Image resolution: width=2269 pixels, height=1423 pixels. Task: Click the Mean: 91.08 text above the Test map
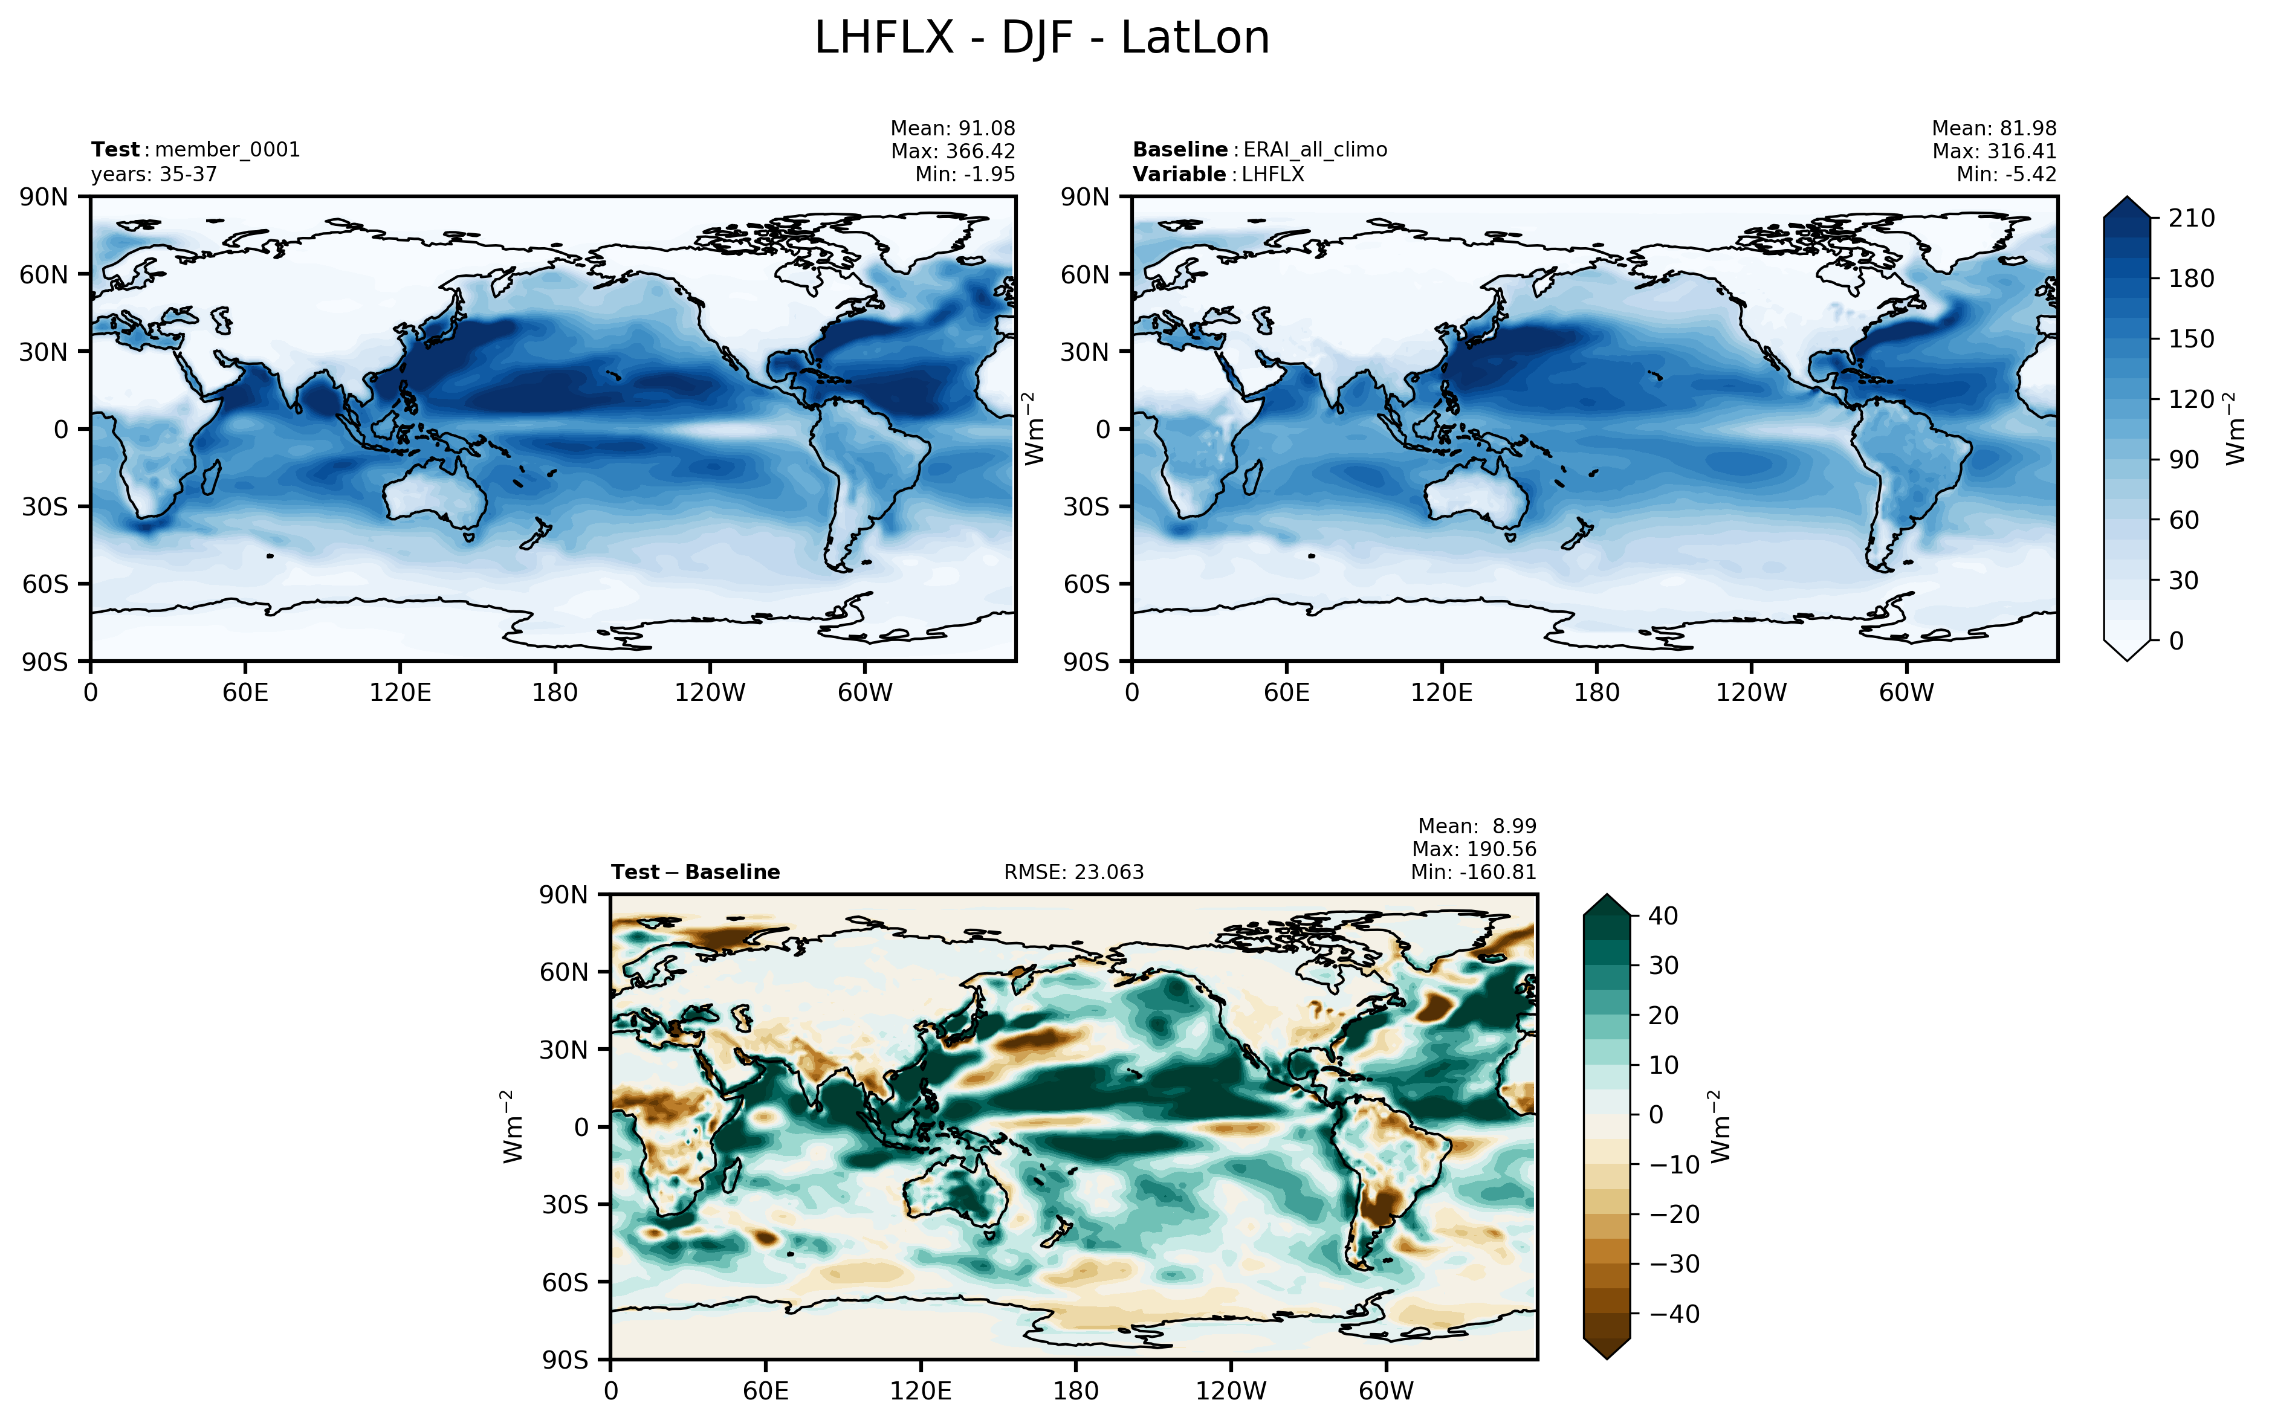pyautogui.click(x=953, y=128)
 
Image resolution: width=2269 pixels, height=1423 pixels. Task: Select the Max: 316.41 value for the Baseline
pyautogui.click(x=1994, y=150)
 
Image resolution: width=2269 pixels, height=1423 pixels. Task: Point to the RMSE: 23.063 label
pyautogui.click(x=1074, y=873)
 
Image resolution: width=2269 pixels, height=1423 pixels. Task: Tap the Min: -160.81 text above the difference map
pyautogui.click(x=1473, y=873)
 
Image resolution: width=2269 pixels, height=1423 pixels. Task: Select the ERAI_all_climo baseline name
pyautogui.click(x=1315, y=150)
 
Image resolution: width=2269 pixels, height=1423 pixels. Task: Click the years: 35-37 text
pyautogui.click(x=154, y=174)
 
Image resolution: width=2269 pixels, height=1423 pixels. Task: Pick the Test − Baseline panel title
pyautogui.click(x=696, y=873)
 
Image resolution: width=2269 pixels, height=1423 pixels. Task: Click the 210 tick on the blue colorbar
pyautogui.click(x=2192, y=218)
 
